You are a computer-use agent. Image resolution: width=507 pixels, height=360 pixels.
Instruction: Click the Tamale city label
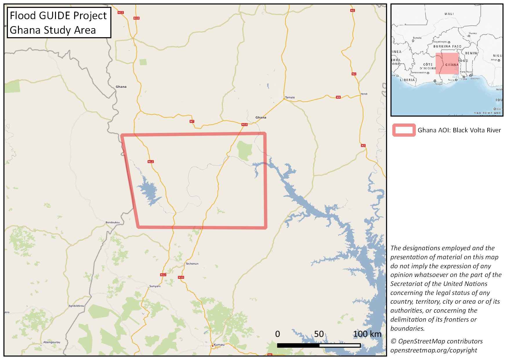[290, 98]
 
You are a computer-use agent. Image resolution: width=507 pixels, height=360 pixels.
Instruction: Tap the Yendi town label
[364, 94]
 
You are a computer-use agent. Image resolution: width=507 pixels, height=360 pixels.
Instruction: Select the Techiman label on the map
[192, 264]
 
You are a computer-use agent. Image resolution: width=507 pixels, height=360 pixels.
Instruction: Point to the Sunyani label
[155, 286]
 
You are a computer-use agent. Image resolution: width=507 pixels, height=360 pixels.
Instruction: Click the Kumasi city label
[219, 345]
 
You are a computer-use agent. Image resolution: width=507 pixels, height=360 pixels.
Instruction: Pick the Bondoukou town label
[113, 222]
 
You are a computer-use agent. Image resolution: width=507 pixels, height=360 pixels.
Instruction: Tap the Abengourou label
[52, 342]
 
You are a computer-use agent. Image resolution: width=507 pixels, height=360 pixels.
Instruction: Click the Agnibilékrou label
[76, 306]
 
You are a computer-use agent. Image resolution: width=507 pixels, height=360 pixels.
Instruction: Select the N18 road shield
[136, 18]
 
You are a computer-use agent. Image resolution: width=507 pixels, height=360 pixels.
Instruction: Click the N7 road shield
[192, 121]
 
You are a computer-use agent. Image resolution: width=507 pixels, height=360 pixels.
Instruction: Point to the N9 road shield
[338, 97]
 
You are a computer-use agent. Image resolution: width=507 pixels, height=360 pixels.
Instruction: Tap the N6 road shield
[270, 354]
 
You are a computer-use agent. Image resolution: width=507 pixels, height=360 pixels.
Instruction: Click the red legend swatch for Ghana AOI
[404, 130]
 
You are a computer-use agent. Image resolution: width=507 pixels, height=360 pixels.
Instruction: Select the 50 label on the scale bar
[319, 334]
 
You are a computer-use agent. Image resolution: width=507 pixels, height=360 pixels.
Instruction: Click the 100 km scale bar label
[367, 334]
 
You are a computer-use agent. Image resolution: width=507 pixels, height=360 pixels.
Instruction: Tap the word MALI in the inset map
[449, 14]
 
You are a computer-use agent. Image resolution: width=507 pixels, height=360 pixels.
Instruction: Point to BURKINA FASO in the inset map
[447, 46]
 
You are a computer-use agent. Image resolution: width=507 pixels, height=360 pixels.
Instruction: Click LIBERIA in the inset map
[408, 80]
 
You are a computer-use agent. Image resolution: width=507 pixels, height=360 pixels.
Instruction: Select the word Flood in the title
[23, 16]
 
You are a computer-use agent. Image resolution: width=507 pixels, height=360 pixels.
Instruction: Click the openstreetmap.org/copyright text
[433, 350]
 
